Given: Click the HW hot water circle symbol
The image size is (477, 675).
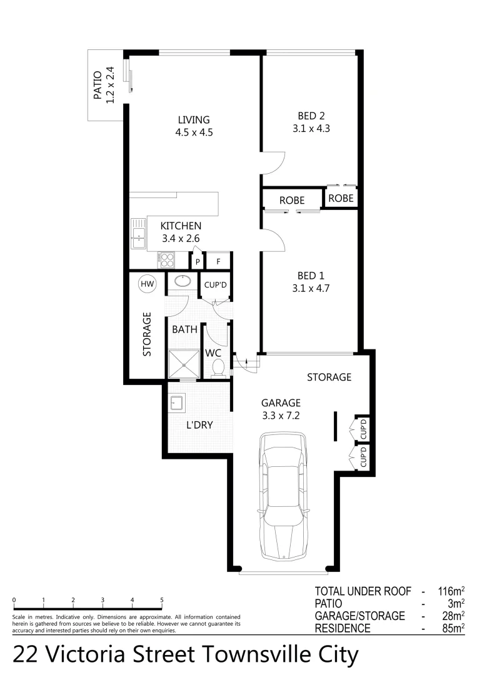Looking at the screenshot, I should point(147,284).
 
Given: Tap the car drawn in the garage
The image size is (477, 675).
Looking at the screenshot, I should point(283,496).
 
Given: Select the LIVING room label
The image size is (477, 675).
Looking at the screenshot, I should point(193,120).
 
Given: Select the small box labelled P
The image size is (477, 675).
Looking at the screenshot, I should point(198,262).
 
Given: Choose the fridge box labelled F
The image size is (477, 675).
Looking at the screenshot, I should point(218,262).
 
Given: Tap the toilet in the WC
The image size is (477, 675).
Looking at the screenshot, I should point(217,369).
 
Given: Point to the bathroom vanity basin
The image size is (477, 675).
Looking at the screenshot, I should point(183,281).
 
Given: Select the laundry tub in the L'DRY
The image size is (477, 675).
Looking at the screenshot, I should point(176,403).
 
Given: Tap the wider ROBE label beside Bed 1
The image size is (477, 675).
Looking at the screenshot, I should point(292,201).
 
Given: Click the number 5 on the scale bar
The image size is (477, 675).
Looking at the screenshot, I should point(162,600).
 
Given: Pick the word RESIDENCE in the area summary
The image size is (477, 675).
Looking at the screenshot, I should point(343,629).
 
